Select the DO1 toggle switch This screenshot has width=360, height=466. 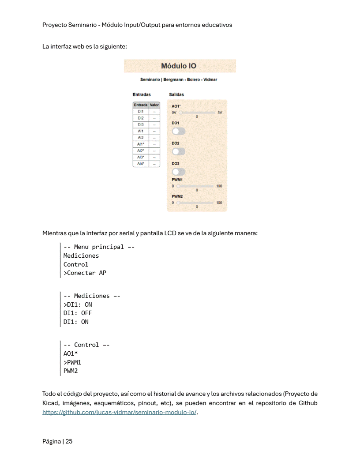[179, 131]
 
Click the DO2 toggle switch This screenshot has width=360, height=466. [179, 151]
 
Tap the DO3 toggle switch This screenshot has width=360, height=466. [179, 172]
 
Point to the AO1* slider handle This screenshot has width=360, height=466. [180, 113]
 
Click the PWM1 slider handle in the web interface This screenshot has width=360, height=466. [179, 186]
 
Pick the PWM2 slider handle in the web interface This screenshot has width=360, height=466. [179, 203]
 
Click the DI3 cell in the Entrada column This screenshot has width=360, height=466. [141, 125]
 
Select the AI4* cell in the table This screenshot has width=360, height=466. [141, 164]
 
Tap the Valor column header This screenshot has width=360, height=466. [154, 105]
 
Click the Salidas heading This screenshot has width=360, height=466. [176, 94]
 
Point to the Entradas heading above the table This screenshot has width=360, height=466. [142, 94]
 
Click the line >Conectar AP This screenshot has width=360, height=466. [85, 273]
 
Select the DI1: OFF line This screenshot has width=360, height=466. [78, 313]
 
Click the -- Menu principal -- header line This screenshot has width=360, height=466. [99, 247]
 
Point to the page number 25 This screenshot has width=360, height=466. [69, 441]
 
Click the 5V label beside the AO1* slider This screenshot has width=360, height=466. [220, 113]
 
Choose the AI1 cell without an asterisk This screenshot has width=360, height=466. [141, 131]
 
